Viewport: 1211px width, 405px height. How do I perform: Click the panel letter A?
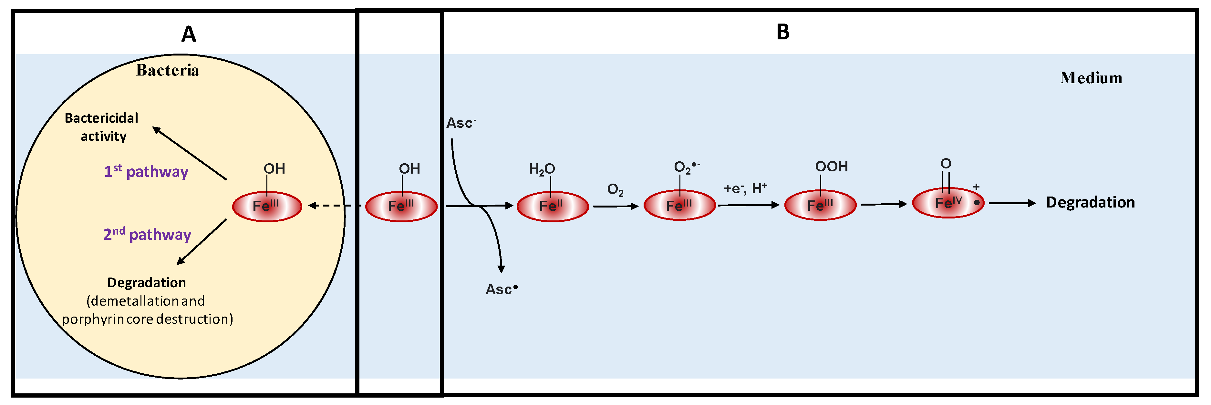tap(189, 34)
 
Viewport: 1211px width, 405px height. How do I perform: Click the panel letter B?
tap(783, 32)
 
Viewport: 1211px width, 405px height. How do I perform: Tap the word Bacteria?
tap(167, 70)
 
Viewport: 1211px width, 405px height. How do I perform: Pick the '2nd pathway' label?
tap(147, 234)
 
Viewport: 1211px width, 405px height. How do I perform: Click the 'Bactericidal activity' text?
tap(102, 127)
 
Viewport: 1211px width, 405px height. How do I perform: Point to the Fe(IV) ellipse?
tap(948, 203)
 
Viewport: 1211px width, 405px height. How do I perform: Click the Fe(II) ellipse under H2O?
tap(553, 206)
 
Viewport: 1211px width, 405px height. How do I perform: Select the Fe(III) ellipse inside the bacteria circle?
tap(266, 206)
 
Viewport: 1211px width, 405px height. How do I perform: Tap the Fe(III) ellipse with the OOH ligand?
tap(820, 205)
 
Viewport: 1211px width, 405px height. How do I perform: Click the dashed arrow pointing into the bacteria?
tap(335, 205)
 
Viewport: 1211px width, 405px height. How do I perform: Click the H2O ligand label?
tap(542, 169)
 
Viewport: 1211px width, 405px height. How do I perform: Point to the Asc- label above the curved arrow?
tap(461, 123)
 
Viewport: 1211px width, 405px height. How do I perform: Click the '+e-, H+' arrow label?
tap(745, 189)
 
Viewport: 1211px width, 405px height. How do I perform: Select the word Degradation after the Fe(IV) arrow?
tap(1090, 203)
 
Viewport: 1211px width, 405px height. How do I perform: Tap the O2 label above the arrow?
tap(615, 190)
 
